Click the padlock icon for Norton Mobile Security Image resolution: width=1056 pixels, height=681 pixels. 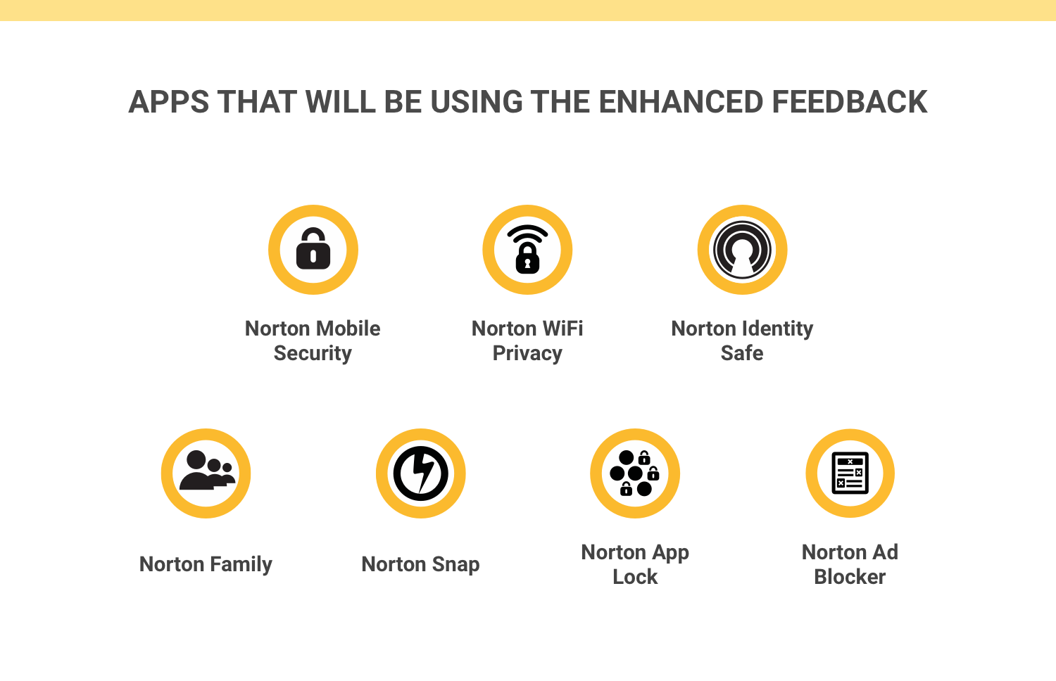(313, 248)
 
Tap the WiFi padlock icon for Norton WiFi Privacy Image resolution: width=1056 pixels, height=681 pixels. (527, 249)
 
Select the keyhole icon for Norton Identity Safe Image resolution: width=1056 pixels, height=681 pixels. (742, 250)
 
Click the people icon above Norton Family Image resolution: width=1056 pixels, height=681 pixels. (206, 470)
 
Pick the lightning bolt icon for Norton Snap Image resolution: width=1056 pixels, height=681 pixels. (420, 473)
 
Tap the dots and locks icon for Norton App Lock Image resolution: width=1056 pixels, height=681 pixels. (634, 473)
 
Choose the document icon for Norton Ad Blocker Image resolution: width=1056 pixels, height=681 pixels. (850, 473)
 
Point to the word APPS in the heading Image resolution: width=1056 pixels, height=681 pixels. (169, 102)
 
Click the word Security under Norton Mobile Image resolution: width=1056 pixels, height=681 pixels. (313, 354)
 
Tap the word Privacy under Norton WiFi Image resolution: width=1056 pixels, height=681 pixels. (527, 354)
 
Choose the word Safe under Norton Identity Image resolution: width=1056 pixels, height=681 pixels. (742, 352)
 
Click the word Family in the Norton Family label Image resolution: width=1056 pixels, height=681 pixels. (241, 564)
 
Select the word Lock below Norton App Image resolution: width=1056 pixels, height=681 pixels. (635, 576)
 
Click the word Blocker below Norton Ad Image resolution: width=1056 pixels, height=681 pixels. (850, 576)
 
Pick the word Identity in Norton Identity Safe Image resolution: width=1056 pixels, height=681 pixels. (778, 329)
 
